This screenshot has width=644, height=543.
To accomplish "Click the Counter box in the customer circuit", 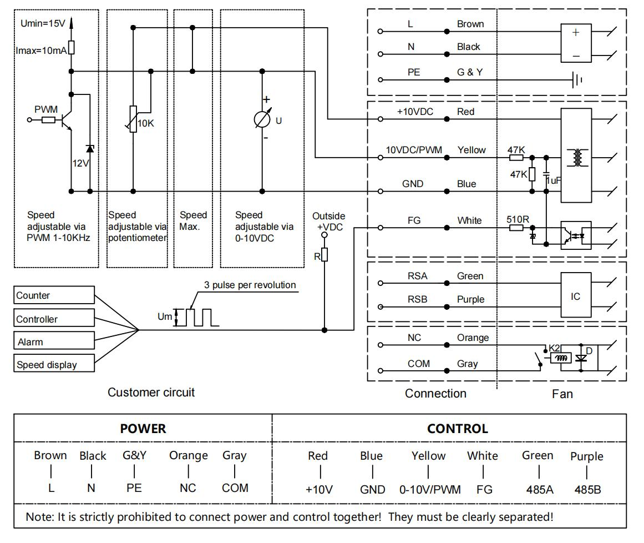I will click(x=54, y=295).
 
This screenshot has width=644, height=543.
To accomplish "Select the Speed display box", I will click(x=54, y=365).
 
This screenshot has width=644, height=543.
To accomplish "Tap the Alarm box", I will click(x=54, y=342).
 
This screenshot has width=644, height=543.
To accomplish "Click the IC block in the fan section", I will click(x=575, y=296).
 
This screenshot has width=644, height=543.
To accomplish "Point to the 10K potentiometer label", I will click(x=146, y=123).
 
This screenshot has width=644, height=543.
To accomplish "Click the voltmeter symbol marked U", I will click(x=262, y=120).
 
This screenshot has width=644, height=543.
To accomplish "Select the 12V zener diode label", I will click(x=81, y=164).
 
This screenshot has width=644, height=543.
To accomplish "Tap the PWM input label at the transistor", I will click(x=46, y=110).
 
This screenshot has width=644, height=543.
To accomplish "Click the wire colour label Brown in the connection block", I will click(x=470, y=24).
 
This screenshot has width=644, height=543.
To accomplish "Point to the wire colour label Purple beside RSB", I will click(x=470, y=299).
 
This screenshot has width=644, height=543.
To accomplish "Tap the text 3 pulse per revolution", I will click(x=250, y=285).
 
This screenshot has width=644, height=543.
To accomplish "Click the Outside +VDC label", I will click(x=328, y=221).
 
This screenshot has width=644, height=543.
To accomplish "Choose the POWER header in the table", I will click(x=143, y=429).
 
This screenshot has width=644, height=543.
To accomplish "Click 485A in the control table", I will click(x=537, y=489).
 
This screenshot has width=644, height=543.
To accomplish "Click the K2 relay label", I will click(x=555, y=348).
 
